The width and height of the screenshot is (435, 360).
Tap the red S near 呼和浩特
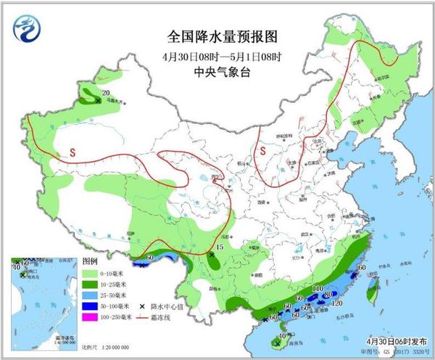click(264, 151)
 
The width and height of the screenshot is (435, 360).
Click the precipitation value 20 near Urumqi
click(106, 92)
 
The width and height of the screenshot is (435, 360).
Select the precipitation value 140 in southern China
click(317, 290)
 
